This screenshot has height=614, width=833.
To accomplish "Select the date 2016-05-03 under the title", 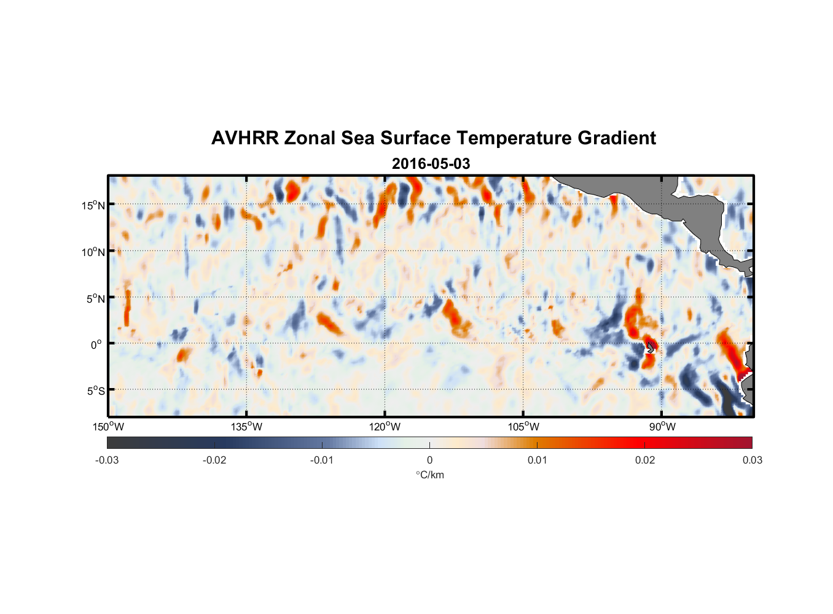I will pyautogui.click(x=431, y=164).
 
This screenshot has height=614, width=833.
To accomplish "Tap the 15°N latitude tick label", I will pyautogui.click(x=93, y=205).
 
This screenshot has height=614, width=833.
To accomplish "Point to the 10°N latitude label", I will pyautogui.click(x=93, y=252).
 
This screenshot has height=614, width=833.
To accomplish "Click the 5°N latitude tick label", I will pyautogui.click(x=95, y=298).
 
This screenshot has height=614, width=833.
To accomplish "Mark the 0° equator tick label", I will pyautogui.click(x=96, y=344).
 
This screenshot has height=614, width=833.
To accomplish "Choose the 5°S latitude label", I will pyautogui.click(x=95, y=391).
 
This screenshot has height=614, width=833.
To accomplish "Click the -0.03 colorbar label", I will pyautogui.click(x=107, y=460).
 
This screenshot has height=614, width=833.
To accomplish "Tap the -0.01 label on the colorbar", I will pyautogui.click(x=322, y=460).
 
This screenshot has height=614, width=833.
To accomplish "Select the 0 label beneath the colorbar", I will pyautogui.click(x=429, y=460).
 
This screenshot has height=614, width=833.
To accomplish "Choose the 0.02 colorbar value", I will pyautogui.click(x=645, y=460).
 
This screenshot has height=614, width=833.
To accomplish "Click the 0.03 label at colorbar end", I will pyautogui.click(x=752, y=460).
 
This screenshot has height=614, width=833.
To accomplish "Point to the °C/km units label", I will pyautogui.click(x=429, y=475).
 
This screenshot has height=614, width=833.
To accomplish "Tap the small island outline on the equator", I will pyautogui.click(x=651, y=348).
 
